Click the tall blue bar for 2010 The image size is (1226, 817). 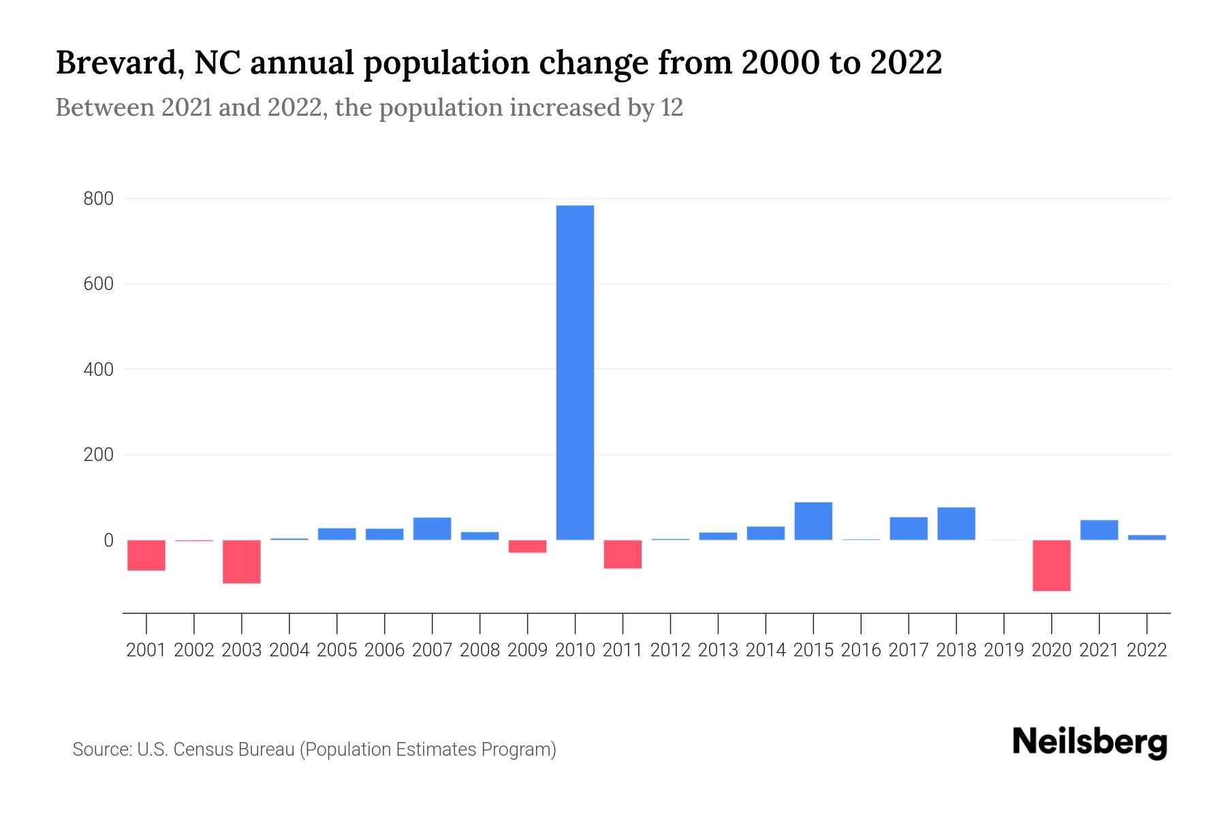(x=575, y=372)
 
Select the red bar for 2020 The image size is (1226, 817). (x=1051, y=565)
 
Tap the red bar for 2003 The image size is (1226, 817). (x=242, y=562)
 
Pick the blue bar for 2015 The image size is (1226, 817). (x=813, y=521)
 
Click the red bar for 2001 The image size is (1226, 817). (x=146, y=555)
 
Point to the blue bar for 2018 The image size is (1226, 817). (x=956, y=524)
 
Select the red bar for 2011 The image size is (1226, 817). (x=623, y=554)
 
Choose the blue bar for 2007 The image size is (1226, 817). (x=432, y=529)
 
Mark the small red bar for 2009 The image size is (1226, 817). (x=527, y=546)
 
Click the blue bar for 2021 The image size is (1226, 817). (x=1099, y=530)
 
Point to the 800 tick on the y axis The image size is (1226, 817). (x=98, y=199)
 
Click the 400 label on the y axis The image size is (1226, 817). (x=98, y=370)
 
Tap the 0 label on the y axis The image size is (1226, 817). (x=108, y=541)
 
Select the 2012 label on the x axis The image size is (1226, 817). (x=670, y=650)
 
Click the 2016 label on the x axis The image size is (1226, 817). (x=861, y=650)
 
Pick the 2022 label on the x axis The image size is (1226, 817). (x=1147, y=650)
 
